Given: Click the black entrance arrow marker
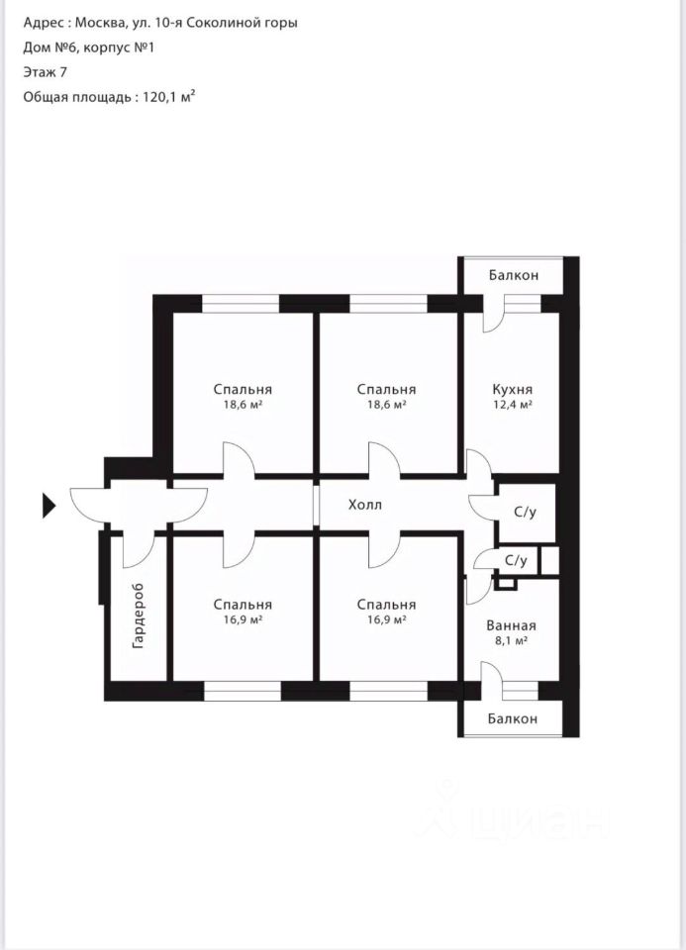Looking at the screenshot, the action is point(49,506).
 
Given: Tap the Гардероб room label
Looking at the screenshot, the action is point(139,617).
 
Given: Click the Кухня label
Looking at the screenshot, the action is point(513,389).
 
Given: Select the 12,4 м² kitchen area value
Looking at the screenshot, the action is point(513,404).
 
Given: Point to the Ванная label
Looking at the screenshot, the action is point(511,625).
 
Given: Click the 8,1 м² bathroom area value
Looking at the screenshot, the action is point(511,640).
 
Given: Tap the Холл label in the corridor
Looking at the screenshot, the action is point(365,504).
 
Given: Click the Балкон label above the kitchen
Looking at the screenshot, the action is point(514,275).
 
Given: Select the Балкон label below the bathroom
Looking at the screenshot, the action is point(512,718).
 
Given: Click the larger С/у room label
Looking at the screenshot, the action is point(525,512).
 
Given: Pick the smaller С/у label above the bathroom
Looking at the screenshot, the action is point(516,560).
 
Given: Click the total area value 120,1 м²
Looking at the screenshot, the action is point(169,97).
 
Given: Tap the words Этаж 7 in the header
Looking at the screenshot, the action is point(45,72).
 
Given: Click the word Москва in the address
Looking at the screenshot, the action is point(101,23).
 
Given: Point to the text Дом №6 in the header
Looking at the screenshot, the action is point(49,47).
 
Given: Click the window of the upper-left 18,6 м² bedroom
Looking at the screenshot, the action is point(240,303).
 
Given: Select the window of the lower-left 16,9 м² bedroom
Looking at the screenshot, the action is point(242,692).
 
